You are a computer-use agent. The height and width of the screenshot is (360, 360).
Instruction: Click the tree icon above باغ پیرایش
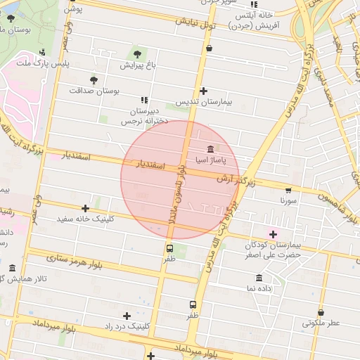(x=136, y=53)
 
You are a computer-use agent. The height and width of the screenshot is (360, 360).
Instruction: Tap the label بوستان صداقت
(x=95, y=91)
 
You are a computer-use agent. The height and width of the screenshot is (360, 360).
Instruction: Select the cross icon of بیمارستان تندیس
(x=203, y=91)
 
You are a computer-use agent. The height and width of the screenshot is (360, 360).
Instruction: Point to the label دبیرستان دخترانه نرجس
(x=144, y=116)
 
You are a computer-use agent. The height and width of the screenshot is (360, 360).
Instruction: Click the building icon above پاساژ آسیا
(x=210, y=149)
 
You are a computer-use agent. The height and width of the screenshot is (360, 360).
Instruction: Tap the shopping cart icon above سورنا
(x=288, y=190)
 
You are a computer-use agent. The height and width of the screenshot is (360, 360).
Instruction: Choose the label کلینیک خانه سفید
(x=86, y=219)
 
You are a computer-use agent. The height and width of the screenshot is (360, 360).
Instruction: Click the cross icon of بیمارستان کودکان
(x=273, y=233)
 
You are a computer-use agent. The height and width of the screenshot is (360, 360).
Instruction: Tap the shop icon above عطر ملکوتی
(x=321, y=312)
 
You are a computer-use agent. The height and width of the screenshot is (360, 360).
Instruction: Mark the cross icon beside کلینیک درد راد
(x=127, y=316)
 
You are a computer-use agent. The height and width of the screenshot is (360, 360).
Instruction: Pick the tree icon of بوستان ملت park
(x=10, y=18)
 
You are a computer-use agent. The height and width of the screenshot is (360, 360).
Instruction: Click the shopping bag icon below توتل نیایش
(x=209, y=49)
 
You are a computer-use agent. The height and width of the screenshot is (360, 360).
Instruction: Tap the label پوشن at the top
(x=75, y=8)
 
